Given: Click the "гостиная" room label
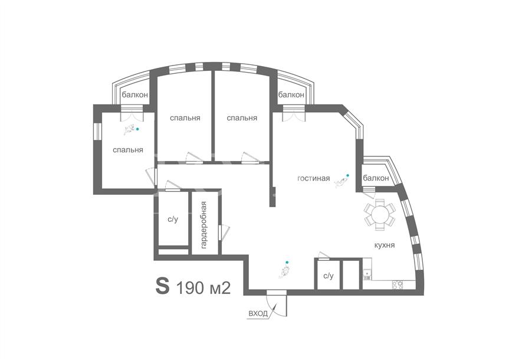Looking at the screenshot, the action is click(314, 178).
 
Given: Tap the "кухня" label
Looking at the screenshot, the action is click(385, 245).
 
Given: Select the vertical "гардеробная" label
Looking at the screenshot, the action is click(203, 225).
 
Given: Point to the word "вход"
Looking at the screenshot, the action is click(258, 313).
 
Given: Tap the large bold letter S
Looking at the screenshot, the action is click(163, 286).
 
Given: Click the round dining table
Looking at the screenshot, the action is click(379, 214).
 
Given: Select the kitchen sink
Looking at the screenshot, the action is click(367, 274).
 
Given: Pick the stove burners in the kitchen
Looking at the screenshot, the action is click(398, 285).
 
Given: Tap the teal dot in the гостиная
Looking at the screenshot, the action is click(347, 175).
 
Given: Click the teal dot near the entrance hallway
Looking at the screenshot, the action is click(287, 262).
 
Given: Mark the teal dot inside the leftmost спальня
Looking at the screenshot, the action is click(137, 129).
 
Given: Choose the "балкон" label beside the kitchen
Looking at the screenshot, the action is click(376, 178).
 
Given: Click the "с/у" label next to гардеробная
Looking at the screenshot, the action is click(173, 220).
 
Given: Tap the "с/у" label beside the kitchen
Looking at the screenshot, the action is click(328, 276).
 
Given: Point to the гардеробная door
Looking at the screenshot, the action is click(224, 233).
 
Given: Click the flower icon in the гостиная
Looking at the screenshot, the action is click(340, 183).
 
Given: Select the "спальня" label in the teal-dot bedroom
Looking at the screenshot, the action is click(128, 150).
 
